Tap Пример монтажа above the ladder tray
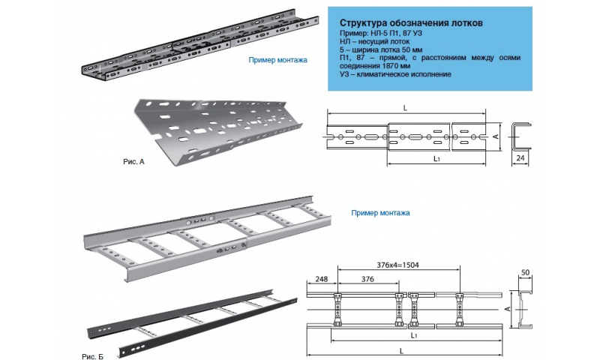click(380, 213)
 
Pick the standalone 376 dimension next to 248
click(368, 278)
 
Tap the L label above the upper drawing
click(405, 108)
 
